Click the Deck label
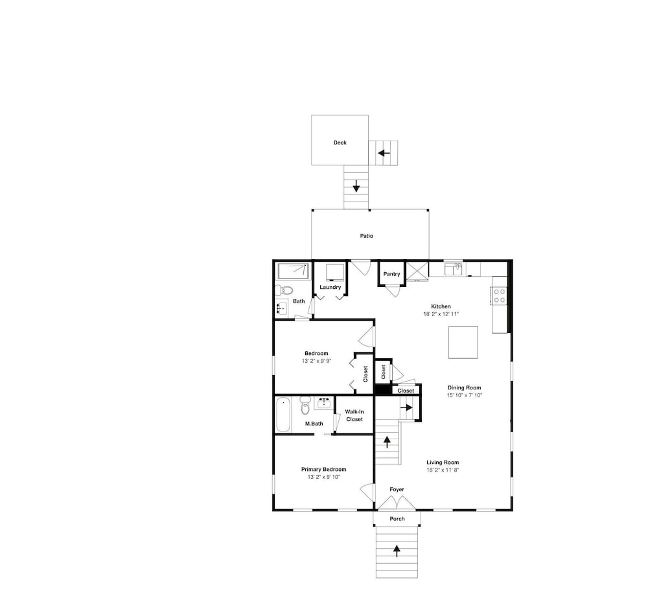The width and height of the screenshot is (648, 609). tap(340, 143)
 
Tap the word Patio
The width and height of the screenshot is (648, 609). tap(367, 236)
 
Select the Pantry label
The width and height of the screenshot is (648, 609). tap(391, 274)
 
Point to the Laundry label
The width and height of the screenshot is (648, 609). tap(330, 287)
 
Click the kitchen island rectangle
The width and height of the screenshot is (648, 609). tap(463, 342)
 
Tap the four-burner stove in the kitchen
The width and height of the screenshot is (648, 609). tap(500, 296)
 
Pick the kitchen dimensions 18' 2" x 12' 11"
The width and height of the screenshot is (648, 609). tap(441, 314)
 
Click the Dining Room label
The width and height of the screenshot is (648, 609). tap(465, 387)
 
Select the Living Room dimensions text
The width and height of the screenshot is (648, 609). tap(443, 470)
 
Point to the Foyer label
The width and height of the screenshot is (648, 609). tap(397, 489)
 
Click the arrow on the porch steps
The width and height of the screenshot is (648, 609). tap(397, 551)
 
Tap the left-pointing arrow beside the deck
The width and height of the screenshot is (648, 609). tap(384, 153)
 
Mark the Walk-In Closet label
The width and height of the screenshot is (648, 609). tap(354, 415)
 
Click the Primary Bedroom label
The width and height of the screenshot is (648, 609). tap(323, 469)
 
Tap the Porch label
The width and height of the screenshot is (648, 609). tap(397, 519)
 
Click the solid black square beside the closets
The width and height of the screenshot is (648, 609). tap(382, 390)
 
